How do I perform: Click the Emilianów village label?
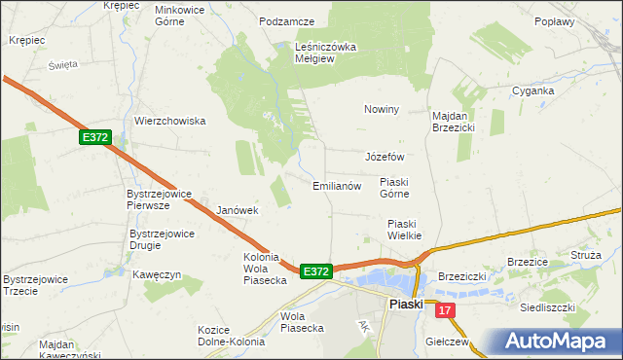pos(337,186)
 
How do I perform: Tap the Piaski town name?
pos(406,305)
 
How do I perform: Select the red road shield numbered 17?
pos(445,310)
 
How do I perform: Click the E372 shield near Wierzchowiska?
pos(94,138)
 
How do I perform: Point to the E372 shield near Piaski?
pos(316,271)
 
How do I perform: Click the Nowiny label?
pos(383,109)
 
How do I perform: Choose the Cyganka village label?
pos(533,90)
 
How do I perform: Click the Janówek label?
pos(237,210)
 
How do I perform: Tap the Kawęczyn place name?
pos(158,275)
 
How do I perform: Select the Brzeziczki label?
pos(461,276)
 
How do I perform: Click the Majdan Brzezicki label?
pos(453,121)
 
